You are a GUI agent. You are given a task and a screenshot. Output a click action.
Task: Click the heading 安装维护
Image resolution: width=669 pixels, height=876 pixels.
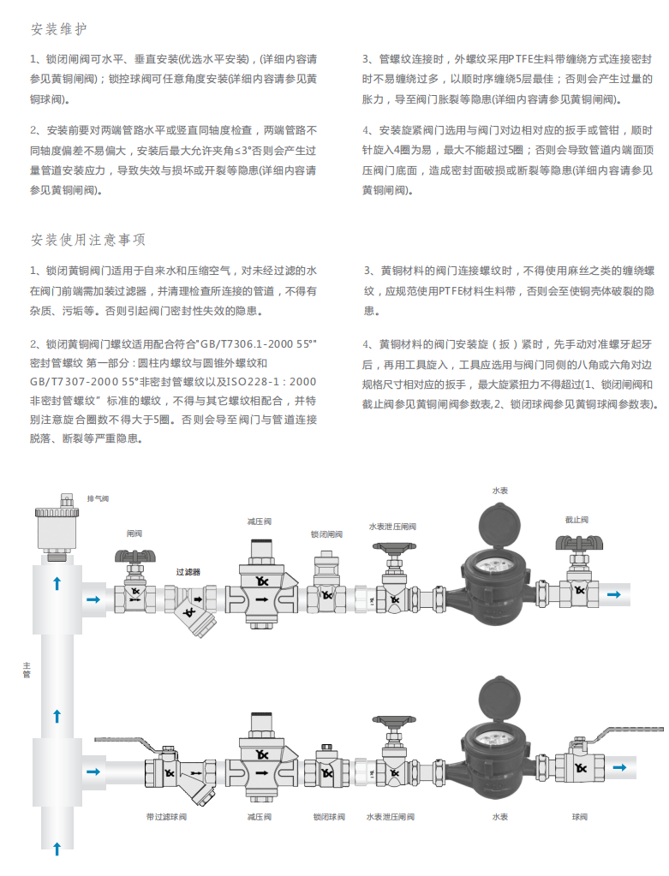(x=59, y=30)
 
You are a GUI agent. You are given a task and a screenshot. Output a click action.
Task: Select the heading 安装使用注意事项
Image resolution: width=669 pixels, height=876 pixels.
(x=88, y=239)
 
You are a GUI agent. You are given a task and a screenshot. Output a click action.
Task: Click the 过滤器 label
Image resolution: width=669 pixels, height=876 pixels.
(x=188, y=571)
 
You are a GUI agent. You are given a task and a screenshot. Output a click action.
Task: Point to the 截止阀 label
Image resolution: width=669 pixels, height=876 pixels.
(x=576, y=520)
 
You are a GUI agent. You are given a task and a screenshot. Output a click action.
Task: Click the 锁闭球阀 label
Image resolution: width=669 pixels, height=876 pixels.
(x=328, y=817)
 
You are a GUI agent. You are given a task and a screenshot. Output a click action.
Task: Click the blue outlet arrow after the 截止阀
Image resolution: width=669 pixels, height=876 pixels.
(x=615, y=593)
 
